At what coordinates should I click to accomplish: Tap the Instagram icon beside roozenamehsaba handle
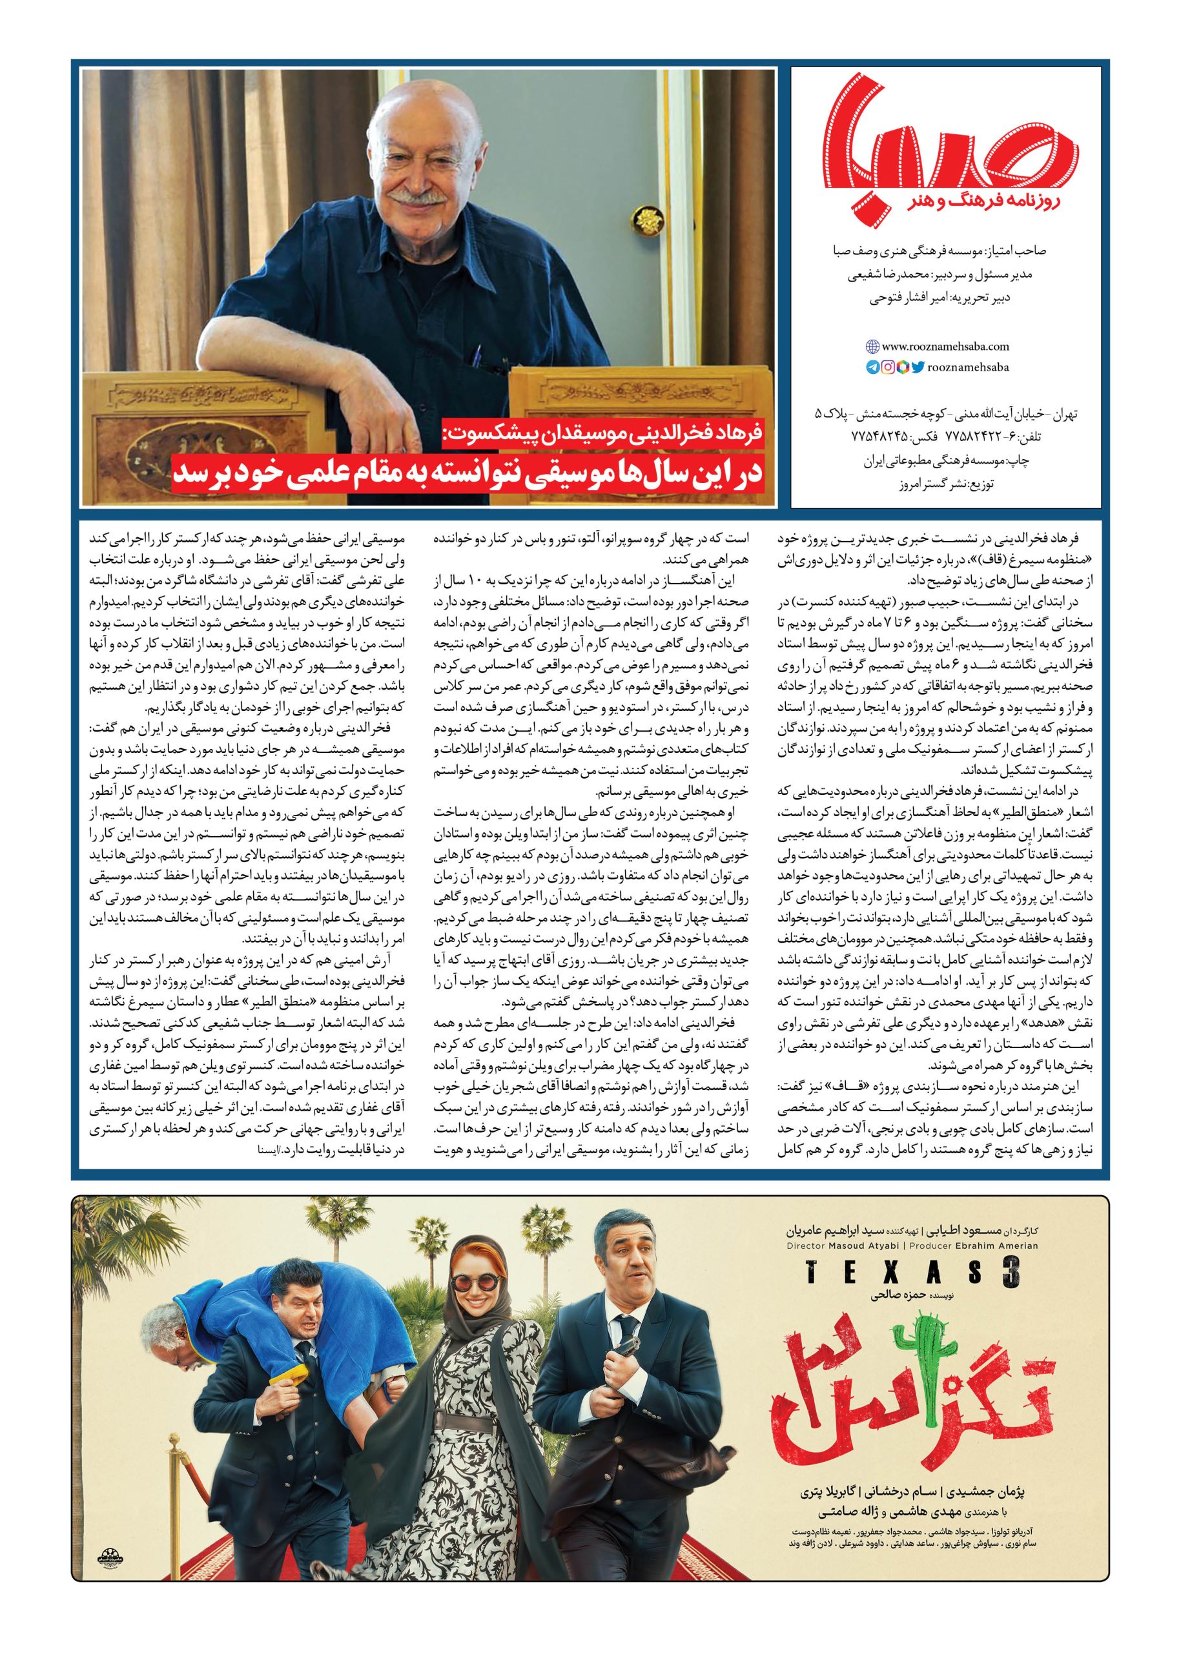(x=888, y=368)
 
